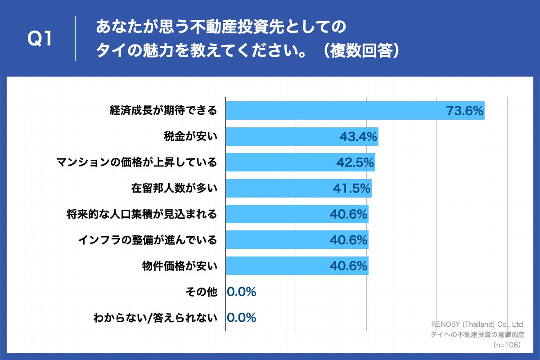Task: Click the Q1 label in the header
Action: [40, 39]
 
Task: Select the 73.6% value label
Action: [464, 110]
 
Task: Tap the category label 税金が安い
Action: [190, 136]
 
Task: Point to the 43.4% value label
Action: [358, 136]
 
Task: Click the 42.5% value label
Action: [355, 162]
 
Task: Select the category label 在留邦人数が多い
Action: [174, 189]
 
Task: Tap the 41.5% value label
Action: [351, 189]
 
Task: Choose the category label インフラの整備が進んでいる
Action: [147, 240]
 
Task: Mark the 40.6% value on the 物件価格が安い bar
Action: [348, 266]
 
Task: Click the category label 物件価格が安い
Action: [180, 266]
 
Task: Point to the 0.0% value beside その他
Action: [242, 292]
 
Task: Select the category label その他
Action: [201, 292]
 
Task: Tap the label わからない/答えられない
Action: [155, 318]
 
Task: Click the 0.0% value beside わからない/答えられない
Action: [242, 318]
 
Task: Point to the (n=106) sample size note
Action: [507, 345]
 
